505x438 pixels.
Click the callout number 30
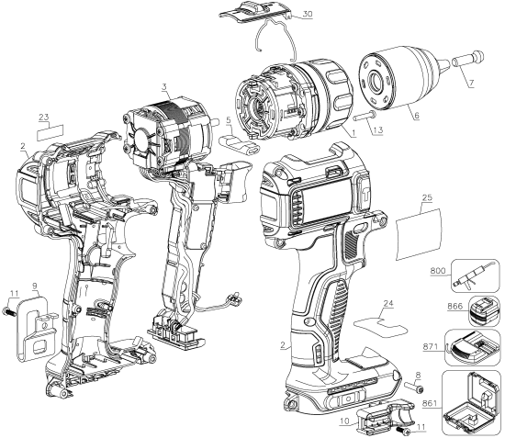pos(307,14)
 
